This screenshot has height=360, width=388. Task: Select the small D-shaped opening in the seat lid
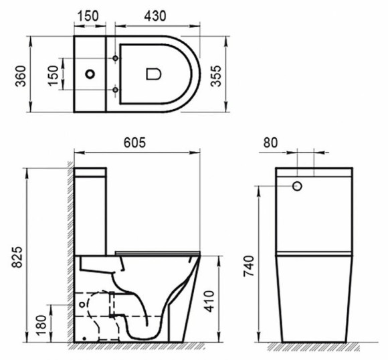pyautogui.click(x=152, y=72)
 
